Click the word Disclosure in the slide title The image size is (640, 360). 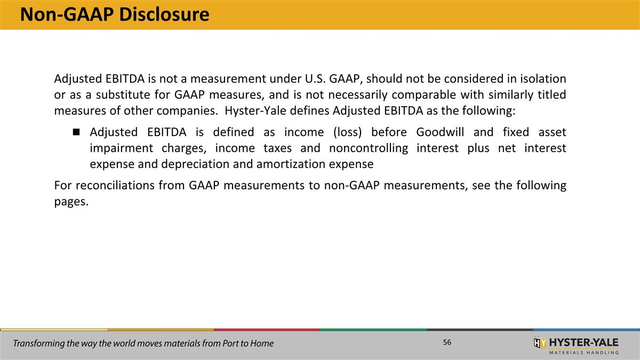[x=164, y=14]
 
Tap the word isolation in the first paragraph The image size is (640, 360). [x=540, y=79]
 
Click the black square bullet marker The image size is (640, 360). [x=77, y=132]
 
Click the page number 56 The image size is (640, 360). [x=447, y=342]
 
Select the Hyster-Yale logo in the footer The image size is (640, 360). [x=576, y=345]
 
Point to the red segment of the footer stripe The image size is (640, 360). [x=267, y=330]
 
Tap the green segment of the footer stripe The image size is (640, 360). [x=373, y=330]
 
